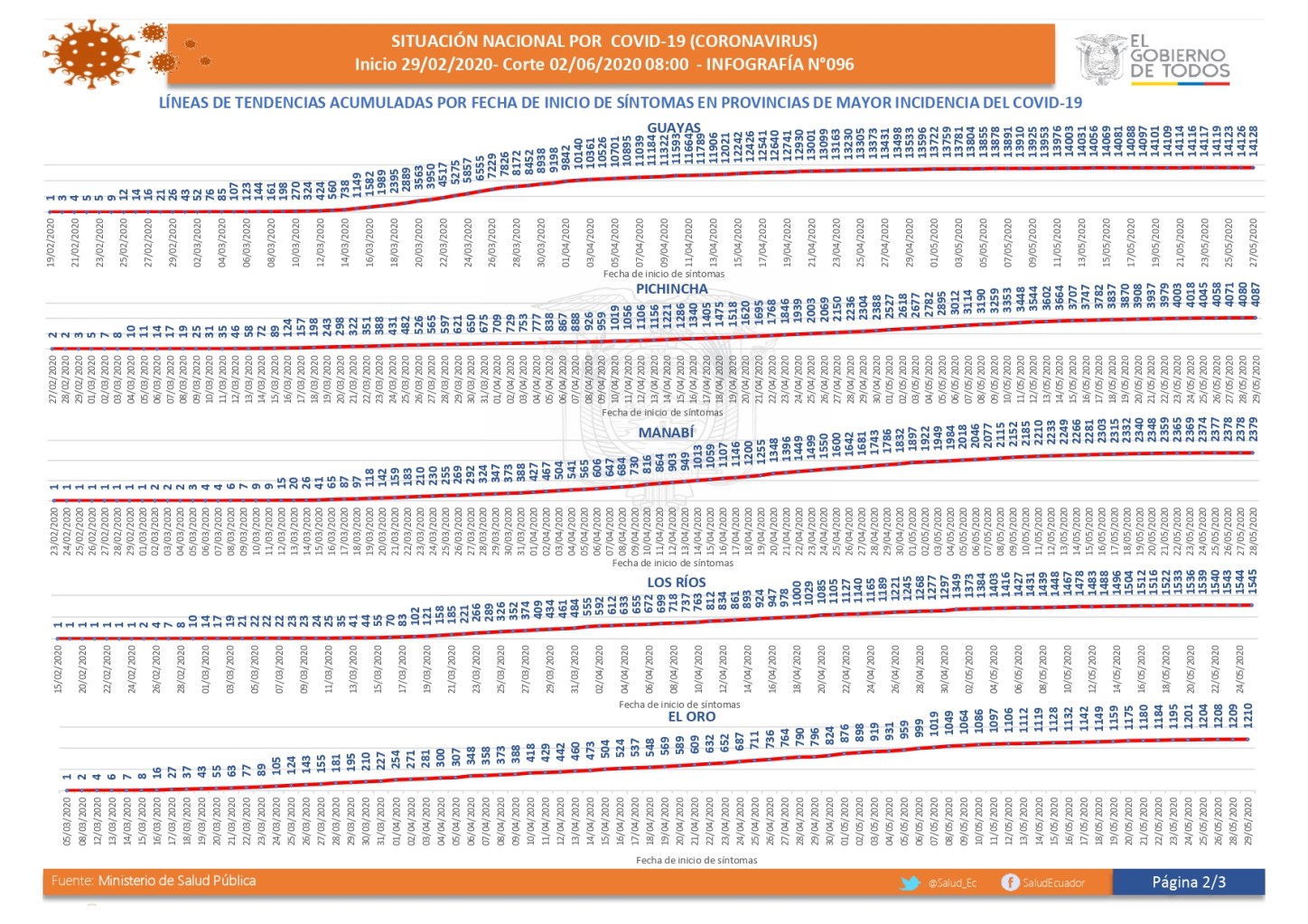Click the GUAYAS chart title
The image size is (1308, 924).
(x=674, y=128)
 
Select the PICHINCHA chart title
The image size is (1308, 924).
(x=671, y=289)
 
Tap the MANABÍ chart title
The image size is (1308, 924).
(x=666, y=433)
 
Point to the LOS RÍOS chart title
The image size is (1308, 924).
(x=676, y=582)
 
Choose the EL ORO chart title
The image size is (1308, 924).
(x=691, y=716)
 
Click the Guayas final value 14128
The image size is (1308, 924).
(x=1253, y=143)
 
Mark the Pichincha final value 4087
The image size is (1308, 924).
(x=1255, y=295)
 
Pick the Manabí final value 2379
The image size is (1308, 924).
(x=1253, y=430)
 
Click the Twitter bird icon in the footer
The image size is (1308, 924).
(x=911, y=882)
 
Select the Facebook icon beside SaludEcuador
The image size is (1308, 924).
(x=1010, y=882)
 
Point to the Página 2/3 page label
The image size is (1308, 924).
(x=1188, y=882)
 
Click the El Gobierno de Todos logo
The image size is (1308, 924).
(x=1152, y=59)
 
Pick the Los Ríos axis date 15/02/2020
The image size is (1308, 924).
(x=59, y=668)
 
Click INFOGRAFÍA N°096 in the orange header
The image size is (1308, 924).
(x=780, y=65)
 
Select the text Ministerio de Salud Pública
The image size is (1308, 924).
(x=176, y=881)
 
